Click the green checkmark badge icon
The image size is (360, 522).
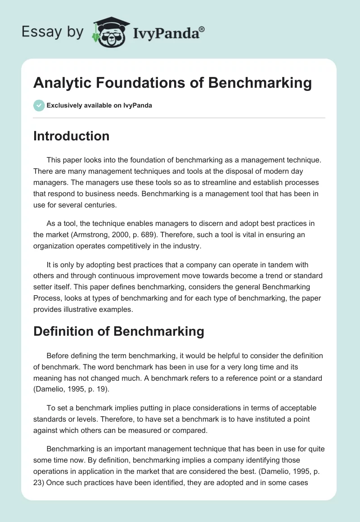(39, 105)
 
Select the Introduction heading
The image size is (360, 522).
(71, 136)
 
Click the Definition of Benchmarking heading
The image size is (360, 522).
(118, 331)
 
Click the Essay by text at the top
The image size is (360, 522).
(52, 32)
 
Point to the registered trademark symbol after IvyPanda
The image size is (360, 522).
(202, 29)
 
